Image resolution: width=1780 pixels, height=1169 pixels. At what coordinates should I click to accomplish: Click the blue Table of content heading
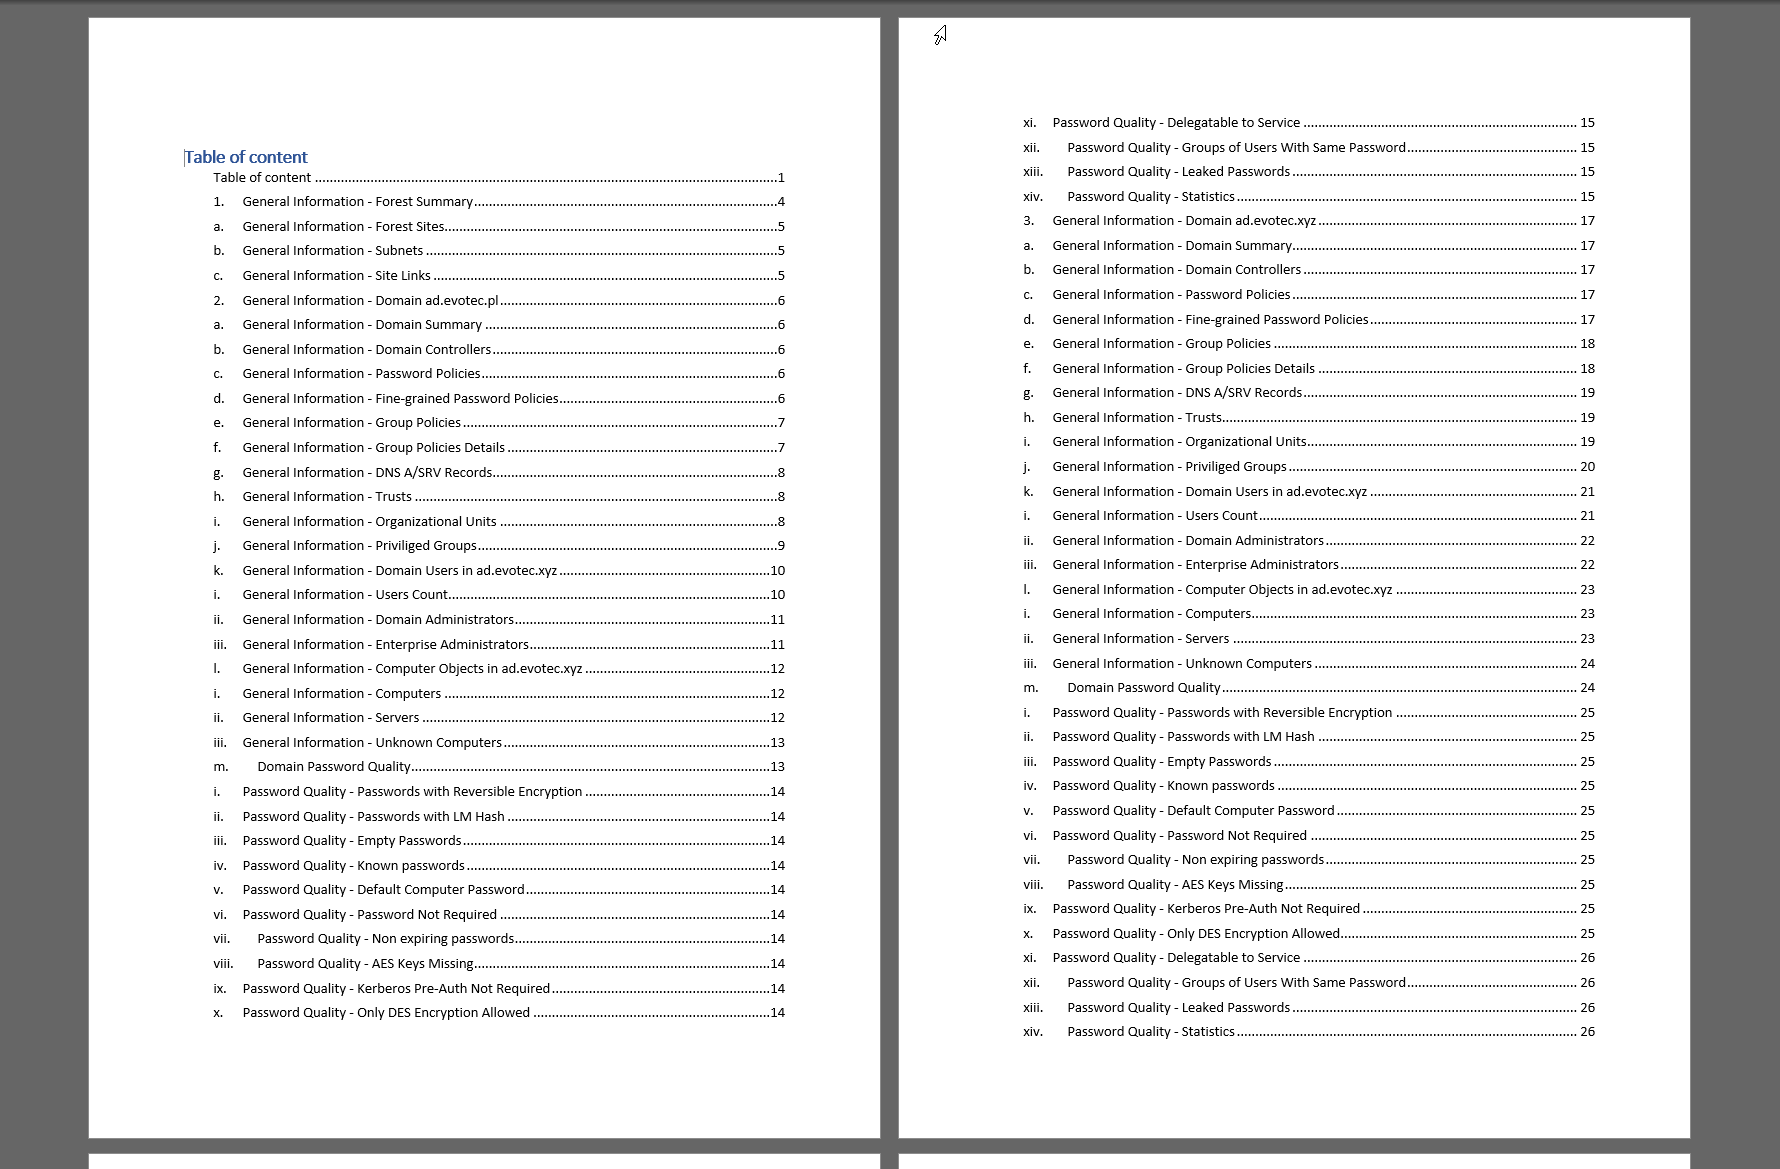coord(246,157)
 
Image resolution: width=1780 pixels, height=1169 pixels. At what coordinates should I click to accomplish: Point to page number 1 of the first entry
coord(781,178)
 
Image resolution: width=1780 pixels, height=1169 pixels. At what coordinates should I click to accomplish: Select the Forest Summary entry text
coord(357,202)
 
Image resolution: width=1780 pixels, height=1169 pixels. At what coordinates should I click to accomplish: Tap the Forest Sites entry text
coord(343,227)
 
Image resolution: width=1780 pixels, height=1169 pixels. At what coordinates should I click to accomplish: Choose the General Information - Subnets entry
coord(332,251)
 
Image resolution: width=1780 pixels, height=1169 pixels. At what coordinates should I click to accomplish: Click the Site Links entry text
coord(336,276)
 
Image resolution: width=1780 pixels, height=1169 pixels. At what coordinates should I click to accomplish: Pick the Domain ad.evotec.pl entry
coord(370,301)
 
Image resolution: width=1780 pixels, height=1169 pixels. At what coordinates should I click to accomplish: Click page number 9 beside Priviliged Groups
coord(781,546)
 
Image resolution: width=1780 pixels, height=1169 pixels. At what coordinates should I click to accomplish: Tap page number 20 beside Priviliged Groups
coord(1587,467)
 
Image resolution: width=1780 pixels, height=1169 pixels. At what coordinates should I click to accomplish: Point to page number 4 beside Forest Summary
coord(781,202)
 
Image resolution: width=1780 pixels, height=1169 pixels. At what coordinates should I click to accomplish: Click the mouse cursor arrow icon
coord(940,36)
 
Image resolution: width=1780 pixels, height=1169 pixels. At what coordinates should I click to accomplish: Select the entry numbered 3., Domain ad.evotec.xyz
coord(1184,221)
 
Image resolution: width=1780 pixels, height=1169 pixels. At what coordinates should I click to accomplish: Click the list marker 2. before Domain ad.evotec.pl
coord(218,301)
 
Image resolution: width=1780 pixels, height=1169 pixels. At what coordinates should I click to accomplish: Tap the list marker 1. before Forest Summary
coord(218,202)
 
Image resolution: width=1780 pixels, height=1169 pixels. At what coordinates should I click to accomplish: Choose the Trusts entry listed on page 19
coord(1137,418)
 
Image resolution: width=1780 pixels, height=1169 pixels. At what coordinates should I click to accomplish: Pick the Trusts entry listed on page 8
coord(327,497)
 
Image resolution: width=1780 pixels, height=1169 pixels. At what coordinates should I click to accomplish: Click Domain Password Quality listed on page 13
coord(334,767)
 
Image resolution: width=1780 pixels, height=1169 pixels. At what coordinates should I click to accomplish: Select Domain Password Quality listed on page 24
coord(1144,688)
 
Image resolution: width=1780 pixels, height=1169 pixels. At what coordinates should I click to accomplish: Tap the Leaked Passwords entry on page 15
coord(1178,172)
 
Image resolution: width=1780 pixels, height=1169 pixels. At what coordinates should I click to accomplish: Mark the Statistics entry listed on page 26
coord(1150,1032)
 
